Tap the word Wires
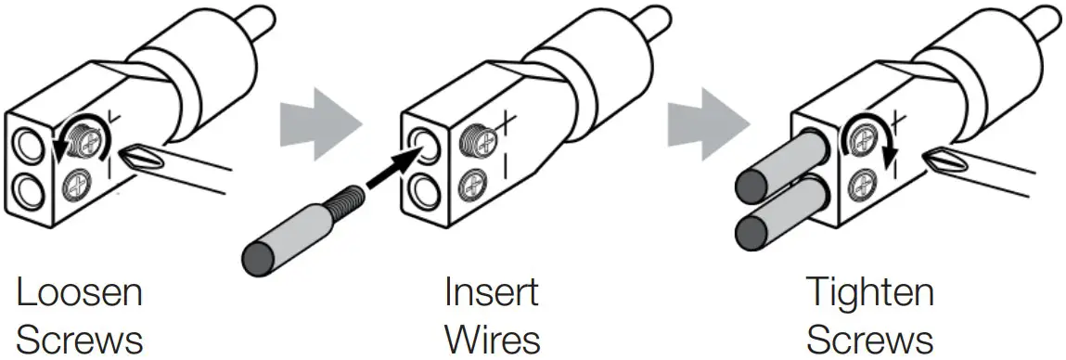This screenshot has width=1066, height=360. click(493, 339)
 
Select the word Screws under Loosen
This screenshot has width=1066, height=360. click(81, 339)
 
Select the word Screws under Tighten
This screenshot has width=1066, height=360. click(869, 339)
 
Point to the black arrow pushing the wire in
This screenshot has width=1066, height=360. click(390, 167)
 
